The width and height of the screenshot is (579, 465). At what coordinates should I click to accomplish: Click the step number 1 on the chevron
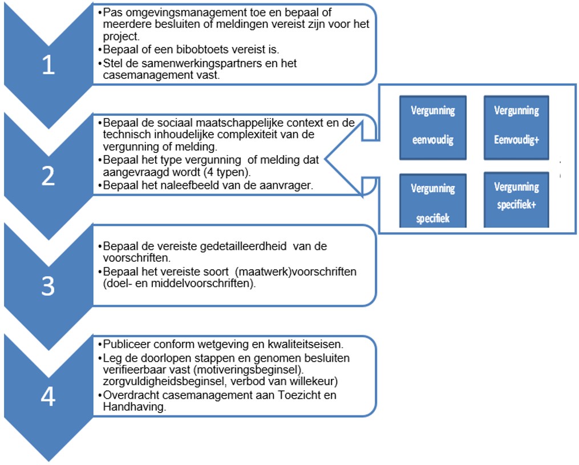click(x=48, y=66)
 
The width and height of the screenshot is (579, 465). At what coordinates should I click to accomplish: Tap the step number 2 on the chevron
click(x=48, y=177)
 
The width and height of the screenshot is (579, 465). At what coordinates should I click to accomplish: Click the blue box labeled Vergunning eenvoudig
click(x=433, y=127)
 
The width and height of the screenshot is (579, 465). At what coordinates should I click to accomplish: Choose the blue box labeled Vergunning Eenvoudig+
click(x=516, y=127)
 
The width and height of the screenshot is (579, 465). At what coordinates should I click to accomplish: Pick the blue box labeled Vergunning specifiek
click(x=433, y=202)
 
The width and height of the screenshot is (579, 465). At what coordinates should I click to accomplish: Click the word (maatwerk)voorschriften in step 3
click(x=295, y=272)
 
